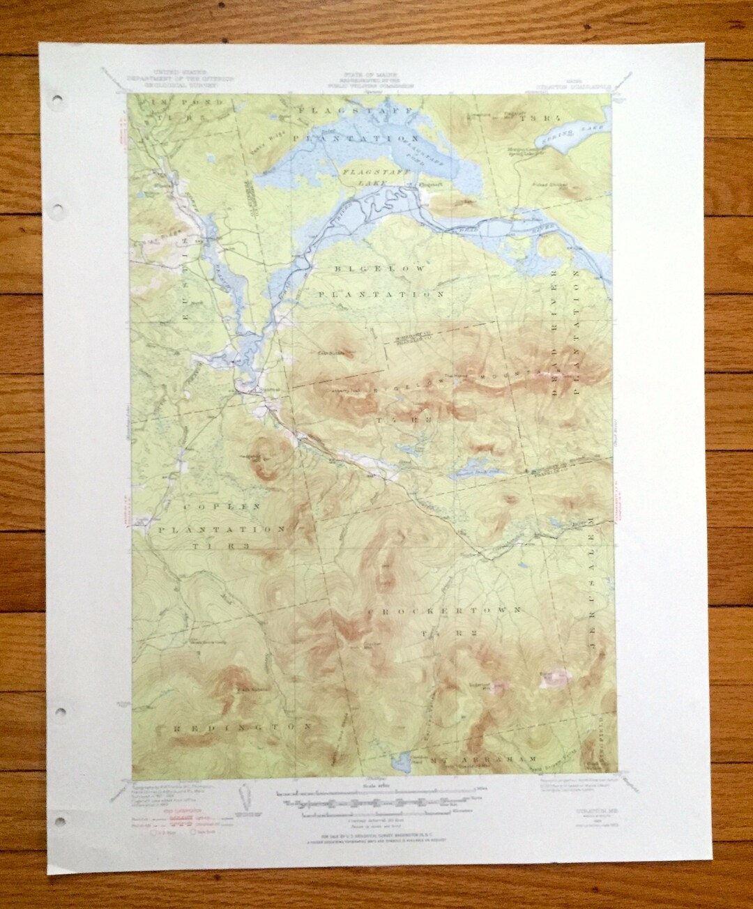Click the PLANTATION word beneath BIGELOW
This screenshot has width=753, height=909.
pos(381,295)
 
